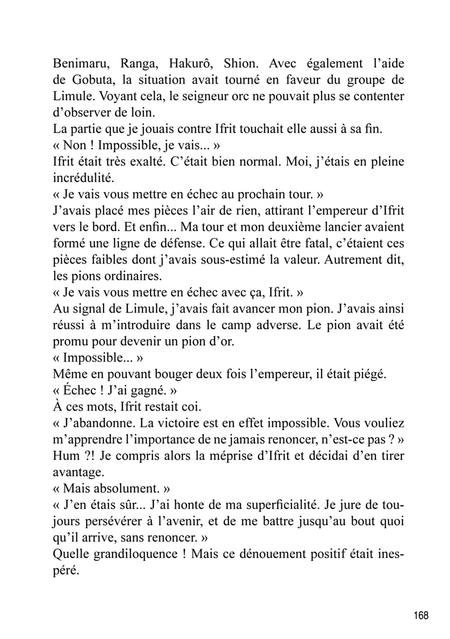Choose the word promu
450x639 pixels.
(x=67, y=341)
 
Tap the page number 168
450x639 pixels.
(x=421, y=615)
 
